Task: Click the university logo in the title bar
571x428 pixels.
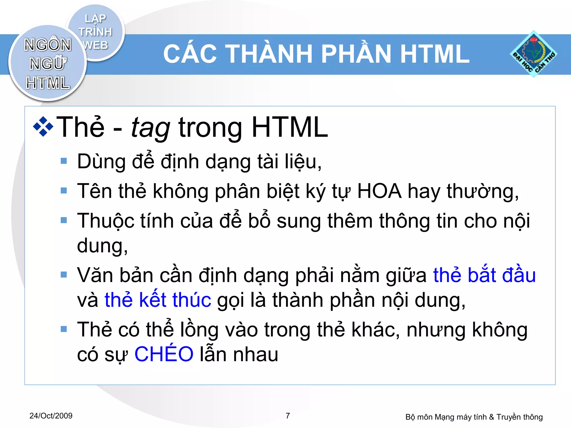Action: point(533,54)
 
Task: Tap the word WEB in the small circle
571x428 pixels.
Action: point(95,45)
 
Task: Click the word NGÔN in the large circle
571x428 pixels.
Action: point(48,45)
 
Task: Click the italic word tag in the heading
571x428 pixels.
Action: point(151,128)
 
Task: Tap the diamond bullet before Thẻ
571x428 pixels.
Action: point(43,127)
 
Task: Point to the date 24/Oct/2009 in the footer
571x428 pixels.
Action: point(51,416)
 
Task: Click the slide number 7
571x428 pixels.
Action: point(288,416)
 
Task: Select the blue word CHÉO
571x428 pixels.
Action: point(164,354)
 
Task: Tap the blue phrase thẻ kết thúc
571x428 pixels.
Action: point(158,300)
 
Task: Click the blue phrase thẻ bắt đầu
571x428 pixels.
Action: point(484,275)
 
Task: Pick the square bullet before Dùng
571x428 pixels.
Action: point(64,161)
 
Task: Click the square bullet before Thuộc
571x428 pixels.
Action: point(64,220)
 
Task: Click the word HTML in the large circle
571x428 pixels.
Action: point(48,83)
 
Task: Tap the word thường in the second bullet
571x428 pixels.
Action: point(482,192)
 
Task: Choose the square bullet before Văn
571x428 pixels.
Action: point(64,275)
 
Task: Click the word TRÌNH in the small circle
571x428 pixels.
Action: point(95,32)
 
